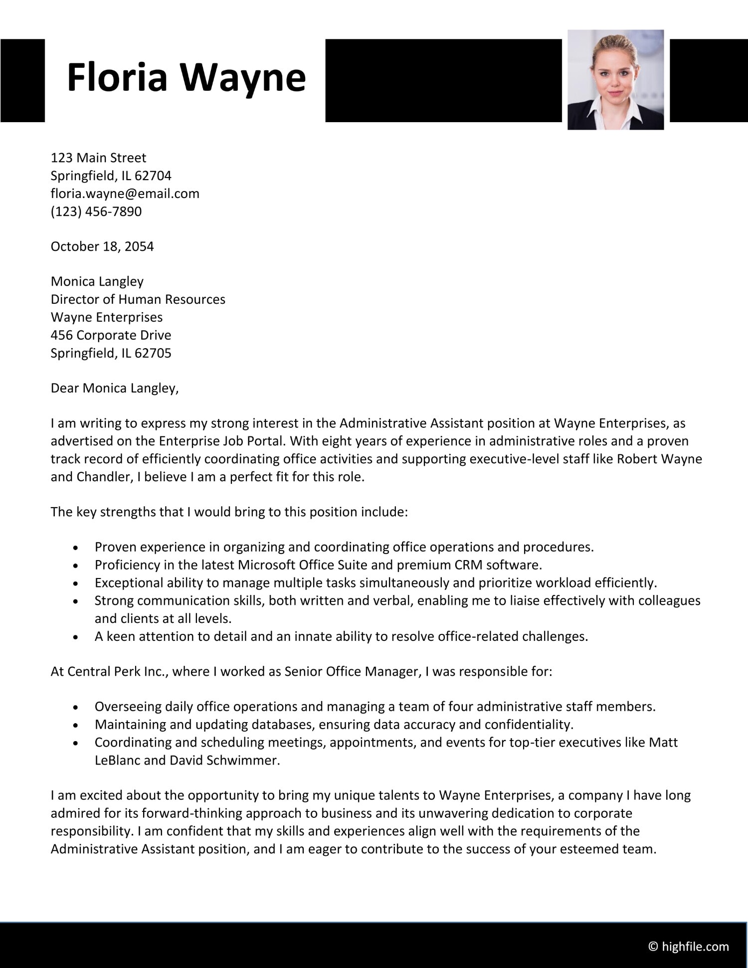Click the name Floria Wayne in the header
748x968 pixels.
point(186,78)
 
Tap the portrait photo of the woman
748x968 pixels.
point(615,80)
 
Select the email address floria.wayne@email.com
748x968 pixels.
point(125,194)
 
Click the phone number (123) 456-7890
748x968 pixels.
point(96,211)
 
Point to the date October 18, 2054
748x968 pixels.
point(102,246)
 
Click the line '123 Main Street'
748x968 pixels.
point(98,158)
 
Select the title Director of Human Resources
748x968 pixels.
point(138,299)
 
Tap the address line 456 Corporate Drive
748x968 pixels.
point(111,335)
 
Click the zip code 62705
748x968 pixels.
point(153,353)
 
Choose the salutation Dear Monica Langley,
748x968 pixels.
point(114,388)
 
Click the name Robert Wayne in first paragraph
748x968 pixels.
point(659,459)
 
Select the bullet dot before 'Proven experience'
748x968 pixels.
point(76,548)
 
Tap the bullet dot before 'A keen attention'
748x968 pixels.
point(76,637)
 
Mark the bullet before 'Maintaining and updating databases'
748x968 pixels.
point(76,725)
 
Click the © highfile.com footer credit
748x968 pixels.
point(688,946)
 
